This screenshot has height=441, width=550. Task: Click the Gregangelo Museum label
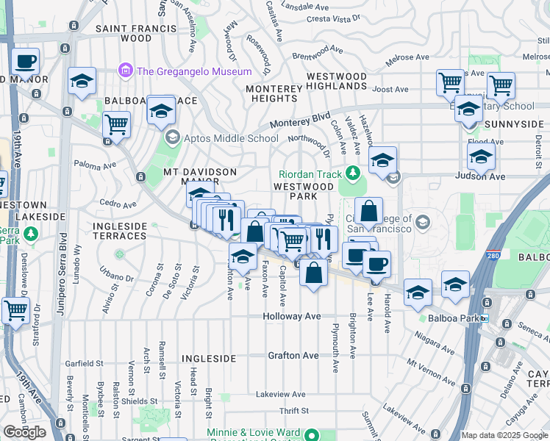(x=194, y=71)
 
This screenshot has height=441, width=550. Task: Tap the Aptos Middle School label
(x=221, y=137)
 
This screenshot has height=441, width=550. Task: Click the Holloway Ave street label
(x=293, y=316)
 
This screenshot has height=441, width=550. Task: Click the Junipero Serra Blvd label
(x=63, y=262)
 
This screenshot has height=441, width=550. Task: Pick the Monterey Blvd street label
(x=301, y=120)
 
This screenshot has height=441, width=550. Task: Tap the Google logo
(x=25, y=431)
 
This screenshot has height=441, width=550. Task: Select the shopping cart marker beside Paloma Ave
(x=116, y=125)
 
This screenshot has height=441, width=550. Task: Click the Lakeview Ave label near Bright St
(x=282, y=395)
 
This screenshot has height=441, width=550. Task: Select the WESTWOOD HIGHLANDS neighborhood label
(x=336, y=82)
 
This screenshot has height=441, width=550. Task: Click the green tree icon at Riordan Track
(x=353, y=173)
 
